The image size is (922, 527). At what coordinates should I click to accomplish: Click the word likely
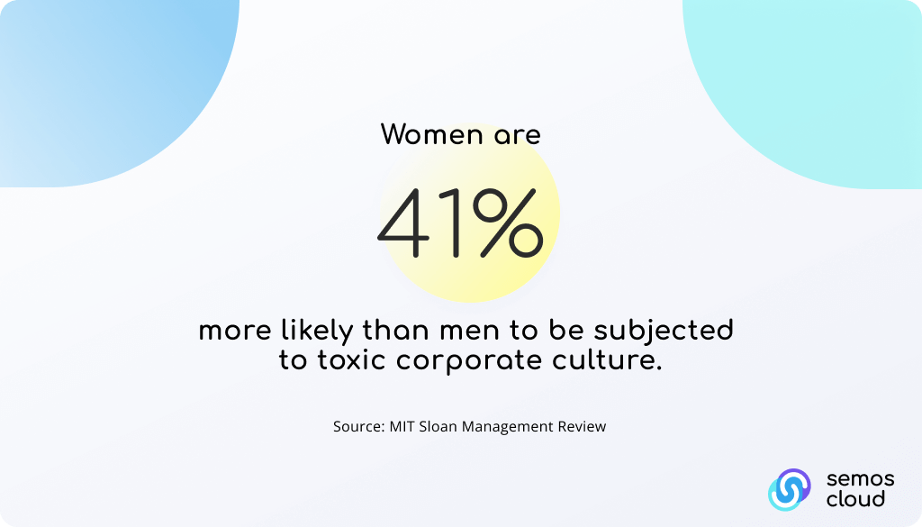317,332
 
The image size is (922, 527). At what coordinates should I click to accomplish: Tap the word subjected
664,332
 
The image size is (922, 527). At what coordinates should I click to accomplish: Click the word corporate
468,362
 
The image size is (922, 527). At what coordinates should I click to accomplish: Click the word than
396,331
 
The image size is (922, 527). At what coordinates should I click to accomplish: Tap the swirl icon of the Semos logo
789,489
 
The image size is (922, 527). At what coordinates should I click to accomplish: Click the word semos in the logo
860,479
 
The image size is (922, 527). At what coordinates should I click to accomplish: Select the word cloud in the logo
855,499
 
